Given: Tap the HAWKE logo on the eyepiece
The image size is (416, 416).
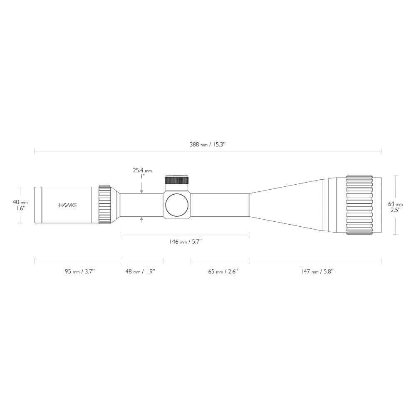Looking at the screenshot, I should coord(67,205).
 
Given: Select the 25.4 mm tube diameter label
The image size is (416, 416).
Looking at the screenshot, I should coord(142,170).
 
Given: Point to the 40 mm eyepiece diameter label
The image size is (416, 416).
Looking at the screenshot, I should coord(20,202).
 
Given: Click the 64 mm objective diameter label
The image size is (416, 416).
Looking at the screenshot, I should coord(395,204).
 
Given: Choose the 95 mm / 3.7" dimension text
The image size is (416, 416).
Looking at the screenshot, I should coord(79,271).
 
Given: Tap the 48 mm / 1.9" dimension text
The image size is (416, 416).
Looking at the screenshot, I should coord(140,271).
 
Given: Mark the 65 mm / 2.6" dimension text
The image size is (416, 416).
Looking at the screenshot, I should coord(223,271).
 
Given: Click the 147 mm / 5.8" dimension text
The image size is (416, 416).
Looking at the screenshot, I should coord(317,271).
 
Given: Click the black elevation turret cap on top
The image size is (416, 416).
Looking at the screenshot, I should coord(177,180).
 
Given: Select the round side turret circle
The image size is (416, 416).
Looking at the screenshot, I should coord(177,205).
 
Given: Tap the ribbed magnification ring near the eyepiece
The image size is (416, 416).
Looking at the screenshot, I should coord(104,205).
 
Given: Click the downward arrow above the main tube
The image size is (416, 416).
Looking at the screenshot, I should coord(142,191).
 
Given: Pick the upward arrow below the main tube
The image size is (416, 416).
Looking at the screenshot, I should coord(142,219).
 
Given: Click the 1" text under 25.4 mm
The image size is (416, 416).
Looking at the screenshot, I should coord(142,176).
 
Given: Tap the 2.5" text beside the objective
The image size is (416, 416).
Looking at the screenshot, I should coord(395,210).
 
